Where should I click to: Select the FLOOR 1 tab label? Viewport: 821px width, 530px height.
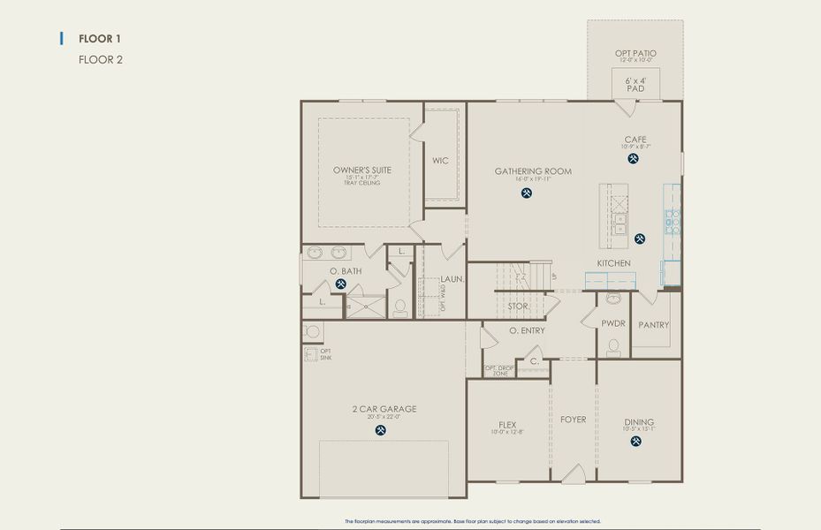pyautogui.click(x=99, y=39)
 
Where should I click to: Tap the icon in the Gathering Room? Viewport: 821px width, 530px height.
pyautogui.click(x=527, y=193)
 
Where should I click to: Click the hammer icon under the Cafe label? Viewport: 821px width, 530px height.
pyautogui.click(x=634, y=159)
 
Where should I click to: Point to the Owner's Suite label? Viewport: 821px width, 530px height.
pyautogui.click(x=362, y=170)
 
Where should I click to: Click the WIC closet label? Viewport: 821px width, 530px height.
pyautogui.click(x=441, y=161)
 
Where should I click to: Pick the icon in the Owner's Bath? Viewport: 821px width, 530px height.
pyautogui.click(x=341, y=284)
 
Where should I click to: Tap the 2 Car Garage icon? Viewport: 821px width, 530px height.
pyautogui.click(x=381, y=430)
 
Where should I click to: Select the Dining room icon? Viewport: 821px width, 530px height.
pyautogui.click(x=636, y=442)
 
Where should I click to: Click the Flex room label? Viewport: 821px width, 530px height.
pyautogui.click(x=507, y=425)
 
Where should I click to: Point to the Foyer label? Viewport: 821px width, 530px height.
pyautogui.click(x=573, y=420)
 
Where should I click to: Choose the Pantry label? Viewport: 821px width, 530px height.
pyautogui.click(x=654, y=325)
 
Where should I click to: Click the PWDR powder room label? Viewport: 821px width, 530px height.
pyautogui.click(x=613, y=324)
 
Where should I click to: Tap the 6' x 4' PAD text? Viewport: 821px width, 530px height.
pyautogui.click(x=635, y=84)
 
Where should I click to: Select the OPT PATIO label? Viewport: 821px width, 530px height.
pyautogui.click(x=635, y=54)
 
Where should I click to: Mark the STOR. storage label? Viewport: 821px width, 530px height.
pyautogui.click(x=518, y=307)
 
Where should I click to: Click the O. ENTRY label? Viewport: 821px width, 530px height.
pyautogui.click(x=527, y=331)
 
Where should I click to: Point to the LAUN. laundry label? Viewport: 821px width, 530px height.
pyautogui.click(x=453, y=279)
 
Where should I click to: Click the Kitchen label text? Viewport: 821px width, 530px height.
pyautogui.click(x=613, y=263)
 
